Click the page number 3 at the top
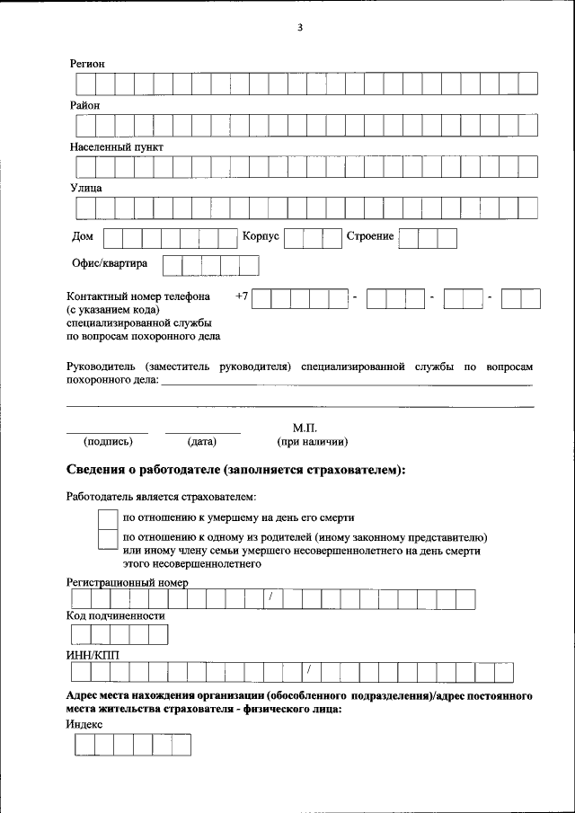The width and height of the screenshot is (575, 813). point(300,27)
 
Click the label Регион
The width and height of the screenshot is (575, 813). point(88,64)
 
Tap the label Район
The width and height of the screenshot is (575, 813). point(85,105)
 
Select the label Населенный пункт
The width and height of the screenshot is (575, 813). point(117,146)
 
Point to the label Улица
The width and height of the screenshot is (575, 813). point(86,188)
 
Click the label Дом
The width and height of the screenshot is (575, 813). point(82,236)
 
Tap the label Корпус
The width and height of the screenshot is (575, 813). point(261,236)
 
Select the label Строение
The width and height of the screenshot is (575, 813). point(370,236)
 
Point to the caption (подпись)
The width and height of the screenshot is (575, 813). point(108,441)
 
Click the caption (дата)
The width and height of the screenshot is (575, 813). point(202,441)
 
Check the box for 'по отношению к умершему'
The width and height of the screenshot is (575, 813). point(107,519)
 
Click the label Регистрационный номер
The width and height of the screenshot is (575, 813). point(128,582)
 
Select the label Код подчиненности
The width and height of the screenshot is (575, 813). point(116,616)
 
